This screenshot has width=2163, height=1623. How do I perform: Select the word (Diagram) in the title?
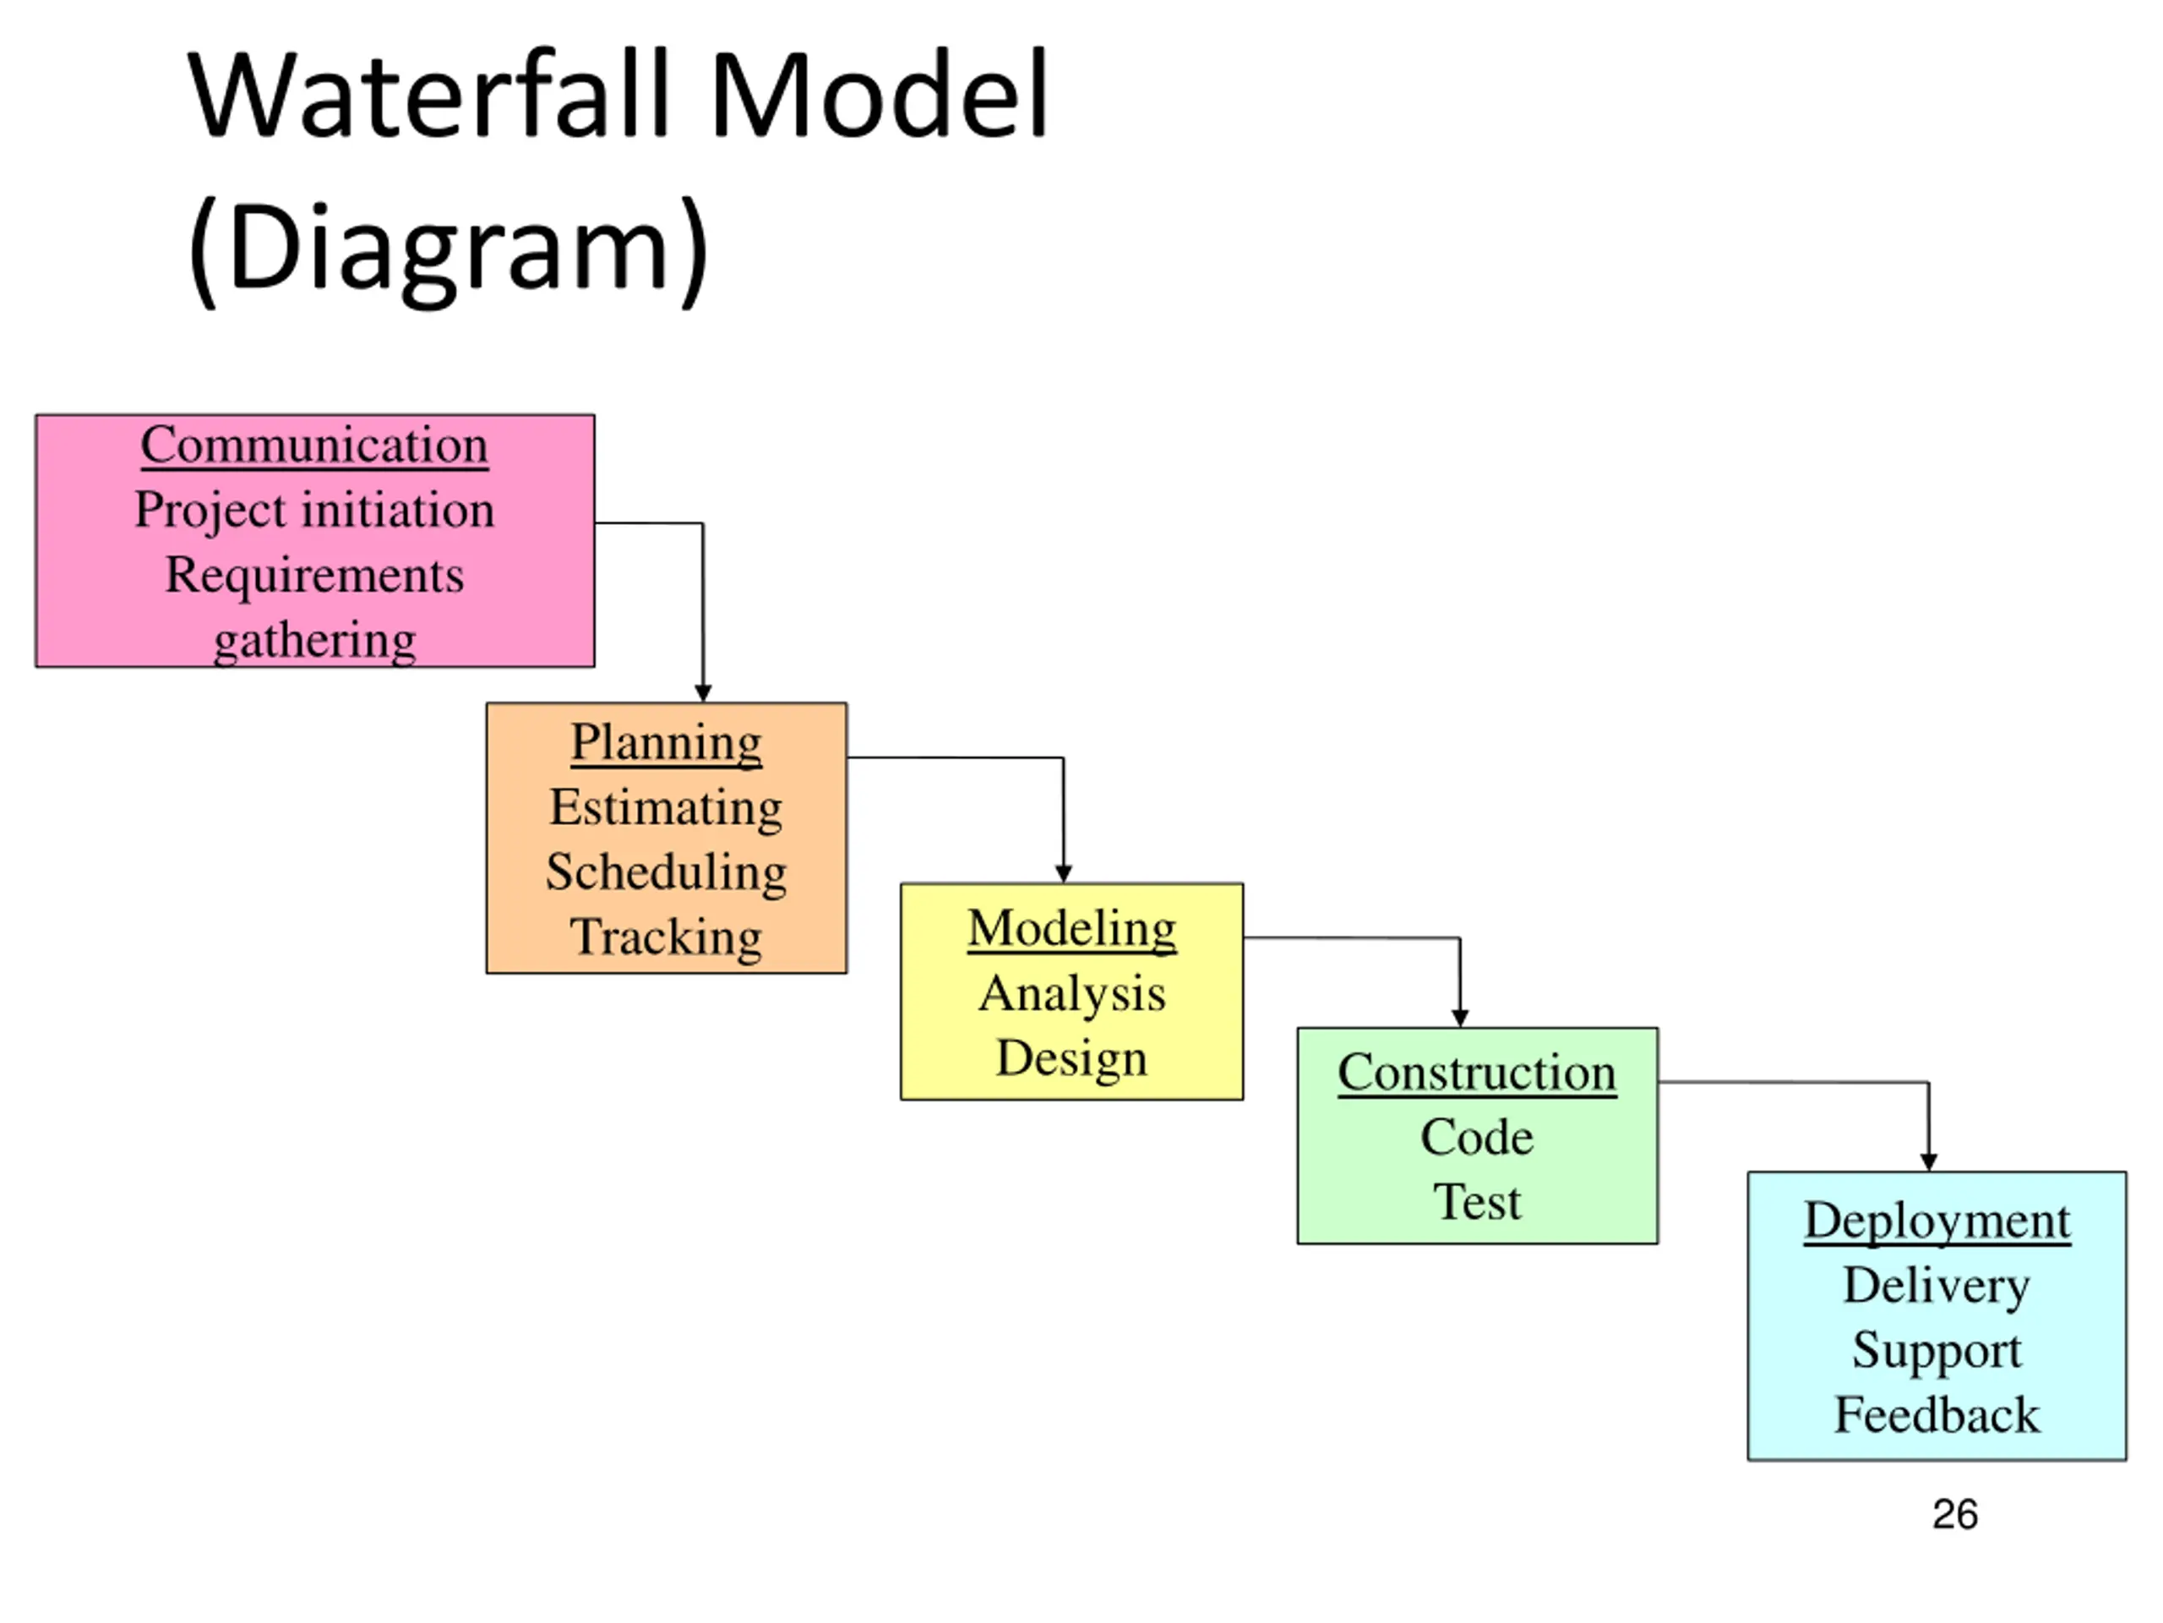click(x=448, y=249)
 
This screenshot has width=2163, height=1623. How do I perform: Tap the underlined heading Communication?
click(x=315, y=446)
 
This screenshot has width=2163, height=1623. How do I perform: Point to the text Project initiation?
click(x=315, y=511)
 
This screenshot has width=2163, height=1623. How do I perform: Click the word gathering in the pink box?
click(x=315, y=642)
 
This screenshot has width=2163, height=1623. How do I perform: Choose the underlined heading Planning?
click(x=667, y=744)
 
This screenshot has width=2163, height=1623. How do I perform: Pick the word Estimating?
click(x=667, y=809)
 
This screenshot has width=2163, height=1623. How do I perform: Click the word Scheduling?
click(x=667, y=873)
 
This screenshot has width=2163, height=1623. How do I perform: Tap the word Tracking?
click(x=667, y=937)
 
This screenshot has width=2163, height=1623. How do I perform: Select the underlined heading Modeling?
click(x=1071, y=929)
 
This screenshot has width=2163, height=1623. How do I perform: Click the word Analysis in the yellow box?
click(x=1071, y=995)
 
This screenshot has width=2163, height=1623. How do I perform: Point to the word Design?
click(x=1071, y=1059)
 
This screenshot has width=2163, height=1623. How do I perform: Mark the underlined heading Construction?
click(x=1478, y=1074)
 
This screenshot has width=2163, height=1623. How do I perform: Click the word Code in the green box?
click(x=1478, y=1138)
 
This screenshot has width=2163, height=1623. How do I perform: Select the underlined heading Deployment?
click(x=1937, y=1221)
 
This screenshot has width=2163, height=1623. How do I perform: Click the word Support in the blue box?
click(x=1937, y=1352)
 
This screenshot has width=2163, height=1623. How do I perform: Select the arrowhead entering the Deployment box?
click(x=1928, y=1162)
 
